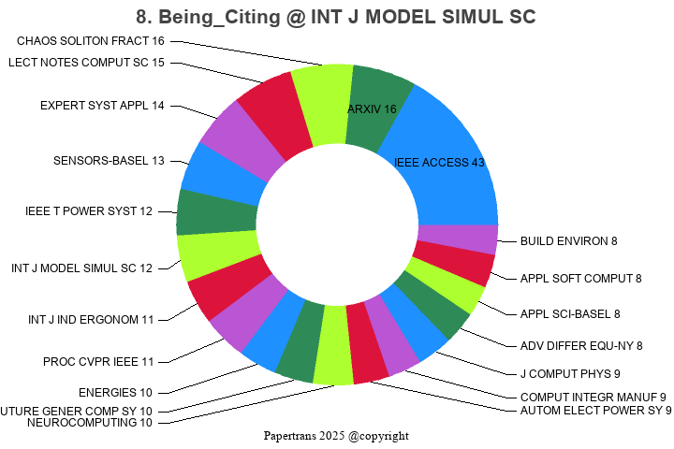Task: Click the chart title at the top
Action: [x=336, y=17]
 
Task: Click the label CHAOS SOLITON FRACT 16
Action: [x=91, y=41]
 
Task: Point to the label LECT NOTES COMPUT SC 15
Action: [x=86, y=63]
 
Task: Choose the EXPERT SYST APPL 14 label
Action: [x=102, y=106]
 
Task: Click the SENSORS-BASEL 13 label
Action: [x=109, y=161]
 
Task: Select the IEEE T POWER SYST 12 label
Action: [x=89, y=211]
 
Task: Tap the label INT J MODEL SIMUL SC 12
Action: [x=81, y=268]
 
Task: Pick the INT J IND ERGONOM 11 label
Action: [x=91, y=320]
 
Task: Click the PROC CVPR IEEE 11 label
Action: [x=98, y=361]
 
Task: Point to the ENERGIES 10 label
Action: [x=115, y=392]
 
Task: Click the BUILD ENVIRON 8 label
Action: [x=568, y=241]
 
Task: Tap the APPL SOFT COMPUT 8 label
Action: [x=580, y=278]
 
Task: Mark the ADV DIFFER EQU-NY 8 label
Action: [x=581, y=346]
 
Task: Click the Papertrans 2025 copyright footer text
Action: [x=336, y=436]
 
